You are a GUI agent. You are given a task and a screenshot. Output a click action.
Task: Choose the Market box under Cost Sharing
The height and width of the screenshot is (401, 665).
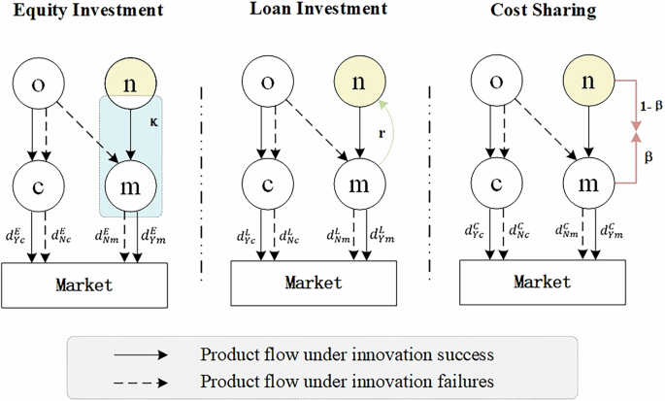tap(543, 282)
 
